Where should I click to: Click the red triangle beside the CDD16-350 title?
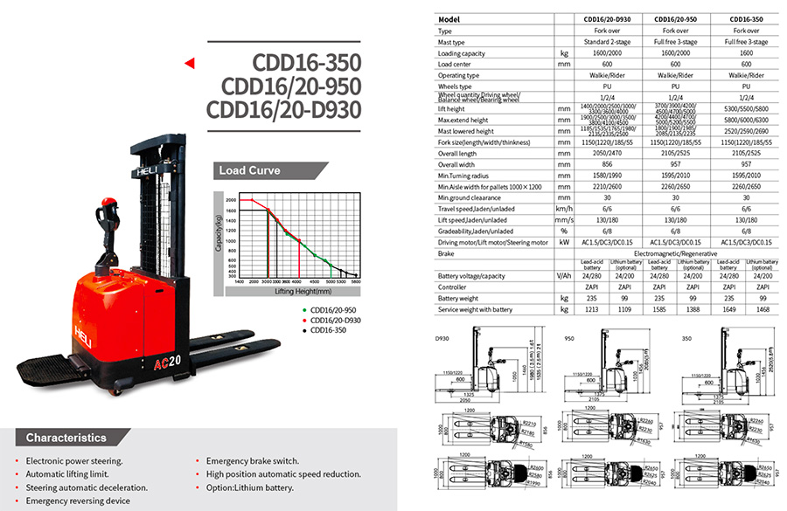188,63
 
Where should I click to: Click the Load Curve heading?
246,170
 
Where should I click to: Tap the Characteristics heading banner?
66,437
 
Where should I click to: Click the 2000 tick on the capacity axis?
231,200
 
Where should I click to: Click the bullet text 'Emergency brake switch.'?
253,460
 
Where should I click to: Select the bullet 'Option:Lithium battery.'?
250,487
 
